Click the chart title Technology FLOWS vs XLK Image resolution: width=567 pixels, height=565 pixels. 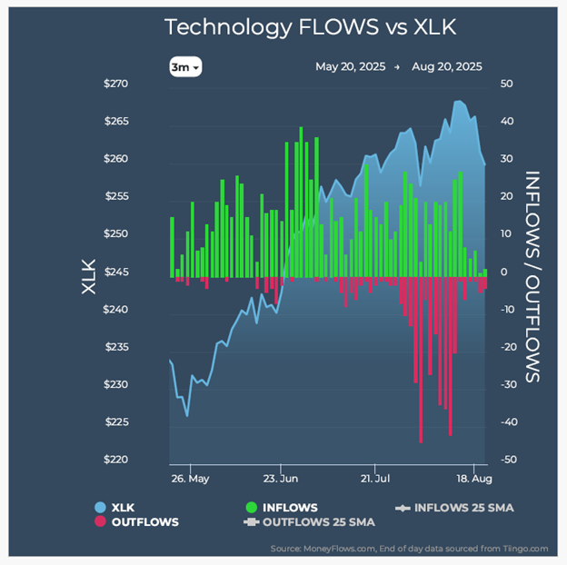(x=310, y=27)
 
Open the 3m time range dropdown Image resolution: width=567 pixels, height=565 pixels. (x=184, y=66)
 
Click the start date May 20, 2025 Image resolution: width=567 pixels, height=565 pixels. (x=350, y=66)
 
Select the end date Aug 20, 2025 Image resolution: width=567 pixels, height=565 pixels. (x=447, y=66)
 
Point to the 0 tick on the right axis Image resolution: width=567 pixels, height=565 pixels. (x=504, y=273)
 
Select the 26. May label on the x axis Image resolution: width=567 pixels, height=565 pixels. (x=190, y=477)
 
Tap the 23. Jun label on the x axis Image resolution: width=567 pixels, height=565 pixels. (x=281, y=477)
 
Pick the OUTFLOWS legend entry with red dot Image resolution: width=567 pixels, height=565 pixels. (x=139, y=522)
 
